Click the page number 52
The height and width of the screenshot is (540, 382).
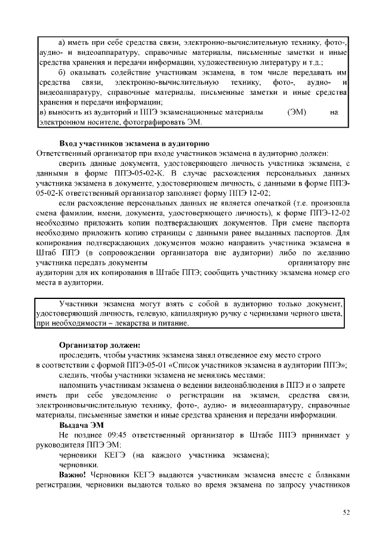tap(346, 512)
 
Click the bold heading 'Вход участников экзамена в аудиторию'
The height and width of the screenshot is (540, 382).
tap(134, 144)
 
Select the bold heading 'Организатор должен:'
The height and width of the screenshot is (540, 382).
tap(100, 345)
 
